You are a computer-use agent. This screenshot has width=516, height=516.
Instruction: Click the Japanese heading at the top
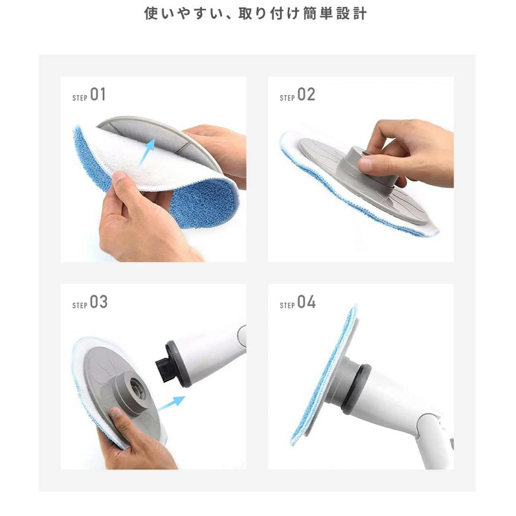point(256,14)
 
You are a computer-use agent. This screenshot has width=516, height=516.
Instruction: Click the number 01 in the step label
point(98,95)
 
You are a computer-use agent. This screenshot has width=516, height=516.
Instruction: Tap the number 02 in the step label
point(306,95)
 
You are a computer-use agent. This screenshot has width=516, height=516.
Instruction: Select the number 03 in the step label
point(99,303)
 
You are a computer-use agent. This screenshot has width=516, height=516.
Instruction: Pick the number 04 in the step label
point(306,303)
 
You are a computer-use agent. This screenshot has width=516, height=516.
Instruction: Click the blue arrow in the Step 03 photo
point(172,405)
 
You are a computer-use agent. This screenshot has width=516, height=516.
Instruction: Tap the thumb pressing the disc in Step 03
point(118,421)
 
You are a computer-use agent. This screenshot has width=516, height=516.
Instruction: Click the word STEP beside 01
point(80,98)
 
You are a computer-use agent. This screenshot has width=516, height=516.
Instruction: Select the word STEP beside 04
point(287,306)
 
